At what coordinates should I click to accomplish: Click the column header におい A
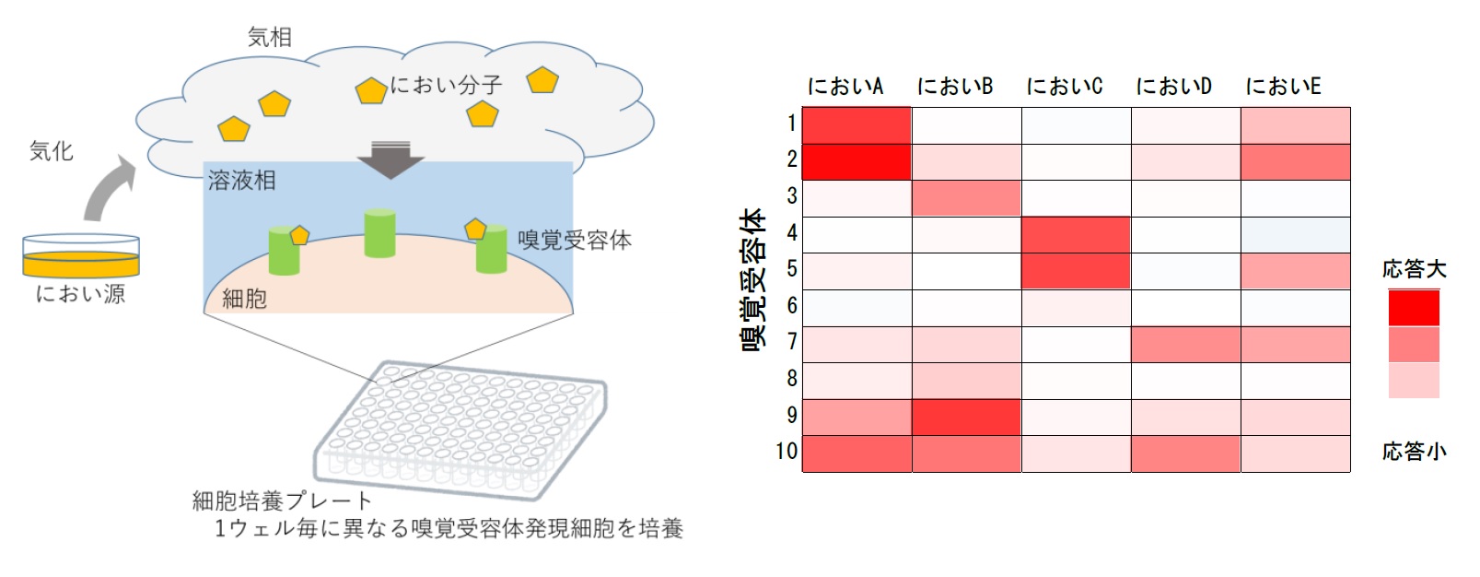(x=845, y=86)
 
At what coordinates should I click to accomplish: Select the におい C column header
(x=1065, y=86)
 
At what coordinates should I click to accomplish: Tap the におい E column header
(x=1283, y=86)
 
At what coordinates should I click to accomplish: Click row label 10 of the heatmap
(x=787, y=452)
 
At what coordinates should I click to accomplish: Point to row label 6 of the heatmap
(x=791, y=305)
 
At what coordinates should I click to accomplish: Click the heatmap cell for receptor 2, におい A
(x=857, y=162)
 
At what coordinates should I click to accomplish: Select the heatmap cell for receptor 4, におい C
(x=1076, y=235)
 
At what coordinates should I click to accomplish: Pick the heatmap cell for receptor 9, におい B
(x=967, y=417)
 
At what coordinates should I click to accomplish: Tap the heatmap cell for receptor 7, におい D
(x=1185, y=345)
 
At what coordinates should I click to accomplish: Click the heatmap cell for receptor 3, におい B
(x=967, y=198)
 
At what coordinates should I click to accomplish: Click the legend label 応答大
(x=1414, y=269)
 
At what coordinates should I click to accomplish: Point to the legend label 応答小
(x=1414, y=452)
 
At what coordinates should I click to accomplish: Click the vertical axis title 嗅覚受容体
(x=753, y=279)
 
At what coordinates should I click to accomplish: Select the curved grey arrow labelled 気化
(x=109, y=188)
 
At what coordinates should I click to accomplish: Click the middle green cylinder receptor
(x=380, y=232)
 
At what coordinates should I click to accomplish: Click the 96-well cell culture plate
(x=460, y=430)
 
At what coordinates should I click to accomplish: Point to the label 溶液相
(x=242, y=181)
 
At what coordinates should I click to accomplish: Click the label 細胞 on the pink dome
(x=244, y=300)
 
